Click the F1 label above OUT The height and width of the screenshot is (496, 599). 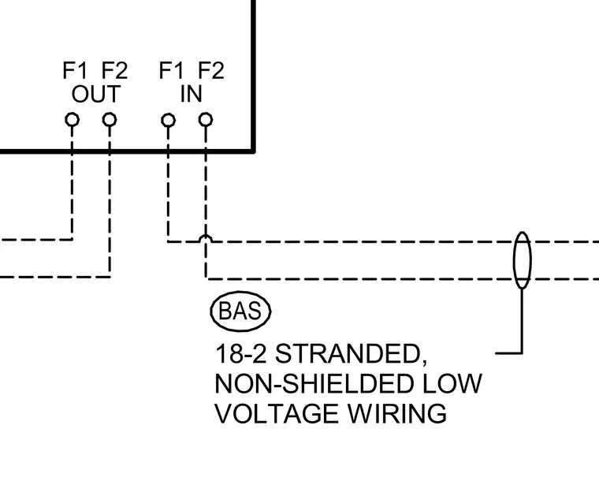[75, 71]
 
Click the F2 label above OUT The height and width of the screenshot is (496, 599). [114, 71]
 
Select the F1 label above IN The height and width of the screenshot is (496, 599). [171, 71]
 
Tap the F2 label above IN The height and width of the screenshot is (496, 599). [211, 71]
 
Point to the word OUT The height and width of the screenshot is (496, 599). [96, 94]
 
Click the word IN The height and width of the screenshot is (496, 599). [191, 94]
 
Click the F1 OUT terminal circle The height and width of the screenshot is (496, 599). [73, 120]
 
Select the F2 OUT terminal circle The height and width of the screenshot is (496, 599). [110, 120]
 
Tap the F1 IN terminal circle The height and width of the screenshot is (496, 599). [169, 121]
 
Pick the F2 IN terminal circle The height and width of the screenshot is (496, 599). [206, 120]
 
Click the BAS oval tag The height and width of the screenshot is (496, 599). [240, 311]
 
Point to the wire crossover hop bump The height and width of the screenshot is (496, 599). [206, 237]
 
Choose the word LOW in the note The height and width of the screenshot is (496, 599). [452, 384]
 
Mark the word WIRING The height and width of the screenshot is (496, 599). [397, 414]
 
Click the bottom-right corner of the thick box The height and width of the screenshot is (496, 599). [254, 151]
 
